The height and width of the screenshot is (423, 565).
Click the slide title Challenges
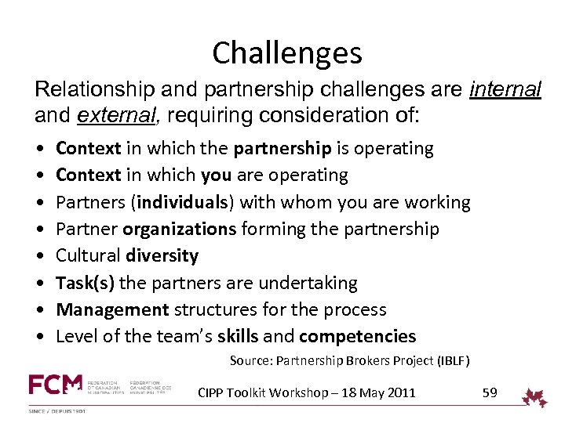tap(286, 53)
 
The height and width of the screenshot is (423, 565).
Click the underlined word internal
tap(505, 90)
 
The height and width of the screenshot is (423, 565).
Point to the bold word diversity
tap(162, 256)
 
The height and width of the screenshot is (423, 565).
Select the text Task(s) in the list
tap(86, 283)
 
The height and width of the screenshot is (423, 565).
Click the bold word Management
tap(112, 309)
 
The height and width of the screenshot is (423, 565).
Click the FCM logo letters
tap(55, 385)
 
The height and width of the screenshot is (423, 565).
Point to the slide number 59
tap(490, 392)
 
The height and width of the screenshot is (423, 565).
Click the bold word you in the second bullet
tap(216, 175)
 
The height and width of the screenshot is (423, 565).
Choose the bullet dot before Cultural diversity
tap(39, 256)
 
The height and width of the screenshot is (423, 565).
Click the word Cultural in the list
tap(87, 256)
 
